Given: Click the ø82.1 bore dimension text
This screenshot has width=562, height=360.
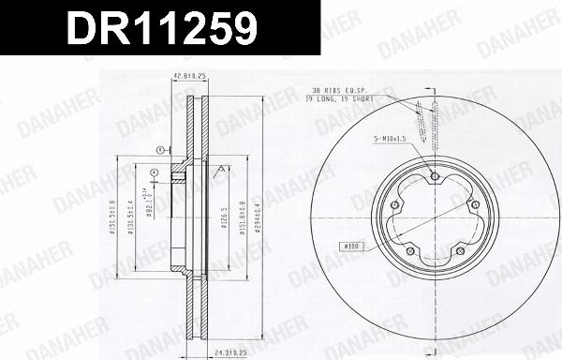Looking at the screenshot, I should pos(151,205).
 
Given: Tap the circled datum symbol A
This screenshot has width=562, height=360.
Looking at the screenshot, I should pos(160,150).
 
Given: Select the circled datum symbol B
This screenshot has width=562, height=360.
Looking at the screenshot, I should pos(153,172).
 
